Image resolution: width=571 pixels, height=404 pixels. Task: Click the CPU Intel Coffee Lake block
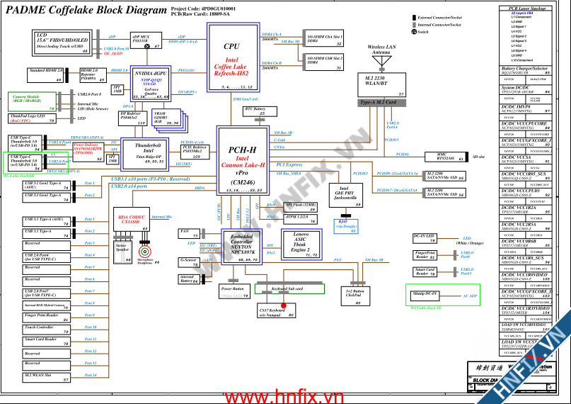231,57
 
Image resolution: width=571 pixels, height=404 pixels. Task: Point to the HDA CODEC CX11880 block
131,219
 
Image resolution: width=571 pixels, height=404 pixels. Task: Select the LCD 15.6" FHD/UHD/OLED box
62,43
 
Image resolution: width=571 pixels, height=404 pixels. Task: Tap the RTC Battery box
255,111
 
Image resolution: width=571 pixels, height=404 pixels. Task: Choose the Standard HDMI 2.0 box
46,74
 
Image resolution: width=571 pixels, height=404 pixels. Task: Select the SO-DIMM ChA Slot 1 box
325,40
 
